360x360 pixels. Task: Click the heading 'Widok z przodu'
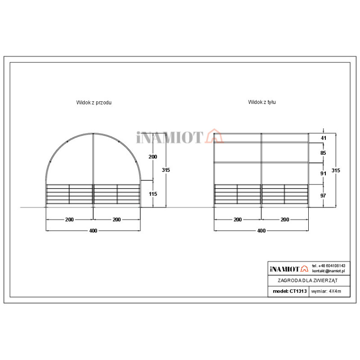pos(94,103)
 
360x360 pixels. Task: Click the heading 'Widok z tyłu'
pos(262,102)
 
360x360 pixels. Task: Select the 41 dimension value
pos(324,138)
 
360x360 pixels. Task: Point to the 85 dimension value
pos(324,153)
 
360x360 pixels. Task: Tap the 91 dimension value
pos(324,173)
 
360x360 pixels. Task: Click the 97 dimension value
pos(324,196)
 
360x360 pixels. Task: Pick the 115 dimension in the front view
pos(153,194)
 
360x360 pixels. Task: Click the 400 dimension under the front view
pos(93,230)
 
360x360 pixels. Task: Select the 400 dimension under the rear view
pos(261,230)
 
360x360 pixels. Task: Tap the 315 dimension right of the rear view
pos(336,171)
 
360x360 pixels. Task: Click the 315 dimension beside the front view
pos(166,170)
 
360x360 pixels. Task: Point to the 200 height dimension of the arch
pos(153,157)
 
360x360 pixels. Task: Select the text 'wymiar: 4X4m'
pos(326,292)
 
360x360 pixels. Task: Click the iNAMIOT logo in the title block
pos(288,269)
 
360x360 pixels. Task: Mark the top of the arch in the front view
pos(93,133)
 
